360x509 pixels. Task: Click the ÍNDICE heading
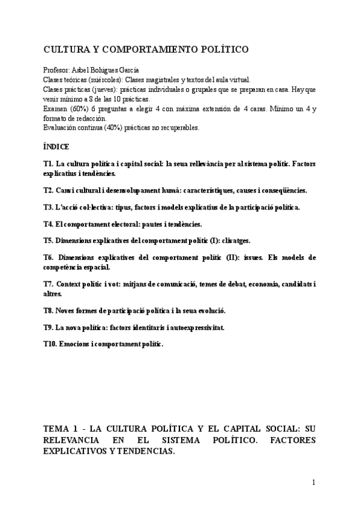(x=56, y=146)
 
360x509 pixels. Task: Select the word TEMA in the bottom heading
(x=57, y=430)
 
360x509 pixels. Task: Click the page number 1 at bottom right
(x=313, y=482)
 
